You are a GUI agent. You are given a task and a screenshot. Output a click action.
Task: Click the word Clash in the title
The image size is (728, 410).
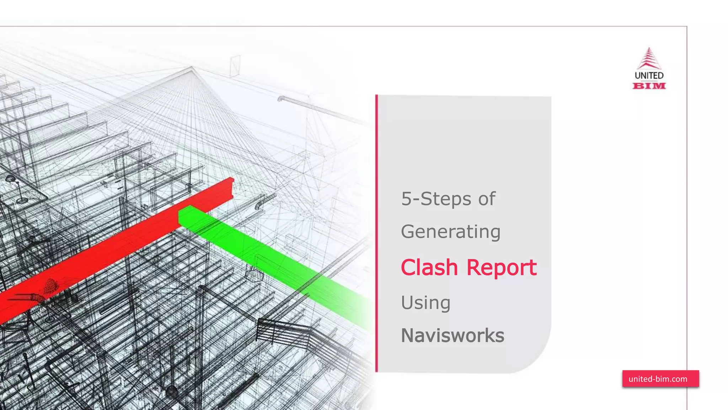click(429, 267)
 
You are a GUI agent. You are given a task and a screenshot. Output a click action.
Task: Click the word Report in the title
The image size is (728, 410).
click(501, 268)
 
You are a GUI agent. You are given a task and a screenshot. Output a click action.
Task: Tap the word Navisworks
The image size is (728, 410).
click(453, 336)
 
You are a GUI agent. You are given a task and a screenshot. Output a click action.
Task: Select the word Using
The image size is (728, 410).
click(425, 303)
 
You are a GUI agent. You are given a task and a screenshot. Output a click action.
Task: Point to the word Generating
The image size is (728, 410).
click(451, 232)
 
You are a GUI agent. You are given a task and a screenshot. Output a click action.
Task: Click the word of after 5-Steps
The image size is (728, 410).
click(487, 199)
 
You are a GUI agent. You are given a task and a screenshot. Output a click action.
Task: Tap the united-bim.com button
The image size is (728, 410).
click(660, 379)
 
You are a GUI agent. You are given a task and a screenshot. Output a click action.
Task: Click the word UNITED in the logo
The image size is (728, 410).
click(649, 75)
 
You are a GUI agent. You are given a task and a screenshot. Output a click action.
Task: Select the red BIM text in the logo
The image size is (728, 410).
click(649, 86)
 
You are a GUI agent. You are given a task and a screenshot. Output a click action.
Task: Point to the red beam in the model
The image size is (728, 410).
click(107, 256)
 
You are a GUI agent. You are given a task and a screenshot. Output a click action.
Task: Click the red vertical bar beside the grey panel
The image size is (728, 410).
click(377, 233)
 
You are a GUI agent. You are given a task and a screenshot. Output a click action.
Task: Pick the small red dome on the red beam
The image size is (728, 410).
click(52, 285)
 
